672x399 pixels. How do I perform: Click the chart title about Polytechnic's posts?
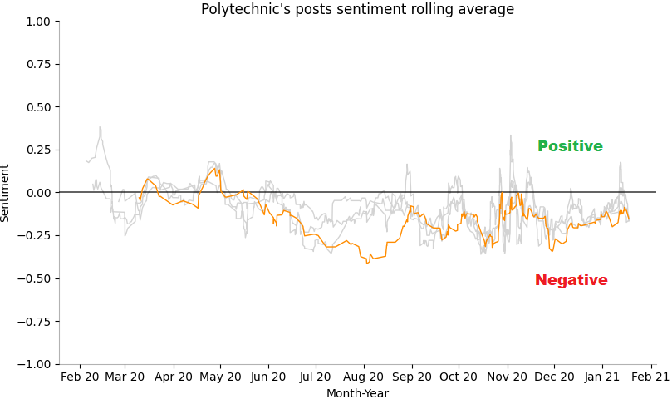click(x=357, y=10)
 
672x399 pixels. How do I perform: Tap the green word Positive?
click(x=570, y=147)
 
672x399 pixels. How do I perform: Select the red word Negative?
click(x=571, y=281)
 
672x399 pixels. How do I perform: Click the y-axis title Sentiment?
click(x=6, y=193)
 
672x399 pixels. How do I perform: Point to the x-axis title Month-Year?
click(x=357, y=393)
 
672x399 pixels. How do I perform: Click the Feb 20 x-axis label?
click(x=80, y=377)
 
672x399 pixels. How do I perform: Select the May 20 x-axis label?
click(x=220, y=377)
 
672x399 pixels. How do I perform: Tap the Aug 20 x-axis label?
click(x=363, y=377)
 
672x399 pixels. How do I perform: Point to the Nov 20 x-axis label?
click(x=506, y=377)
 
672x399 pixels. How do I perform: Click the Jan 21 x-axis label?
click(x=601, y=377)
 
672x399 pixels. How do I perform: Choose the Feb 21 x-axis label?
click(x=650, y=377)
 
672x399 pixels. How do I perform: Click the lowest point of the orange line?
click(x=366, y=263)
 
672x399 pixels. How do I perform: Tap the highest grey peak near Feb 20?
click(x=100, y=128)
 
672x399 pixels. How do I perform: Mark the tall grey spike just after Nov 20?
click(x=511, y=135)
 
